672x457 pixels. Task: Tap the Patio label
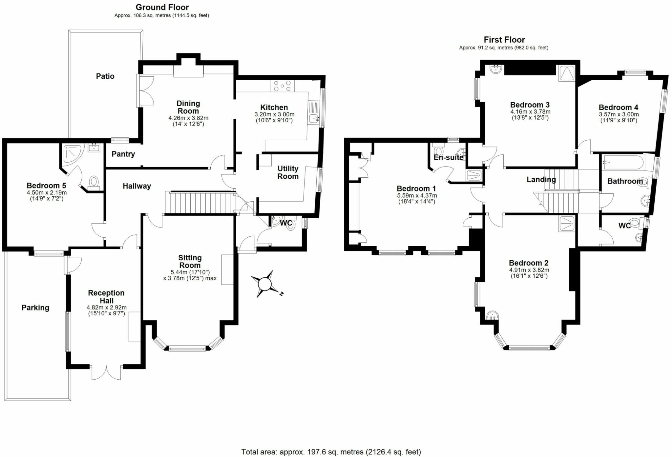click(105, 76)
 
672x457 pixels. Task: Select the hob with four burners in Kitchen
click(282, 86)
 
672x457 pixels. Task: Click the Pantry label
click(123, 154)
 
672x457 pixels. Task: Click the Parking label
click(35, 308)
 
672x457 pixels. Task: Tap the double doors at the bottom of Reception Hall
click(106, 372)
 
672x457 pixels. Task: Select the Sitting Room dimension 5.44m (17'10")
click(190, 272)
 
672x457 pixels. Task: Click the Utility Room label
click(288, 172)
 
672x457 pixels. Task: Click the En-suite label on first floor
click(448, 157)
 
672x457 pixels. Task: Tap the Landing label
click(541, 179)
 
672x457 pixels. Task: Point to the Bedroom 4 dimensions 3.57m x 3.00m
click(619, 114)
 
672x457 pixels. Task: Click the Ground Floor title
click(162, 7)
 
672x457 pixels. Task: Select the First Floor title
click(504, 40)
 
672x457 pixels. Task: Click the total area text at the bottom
click(331, 452)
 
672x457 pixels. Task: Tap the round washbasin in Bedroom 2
click(492, 315)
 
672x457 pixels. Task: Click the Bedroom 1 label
click(416, 189)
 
